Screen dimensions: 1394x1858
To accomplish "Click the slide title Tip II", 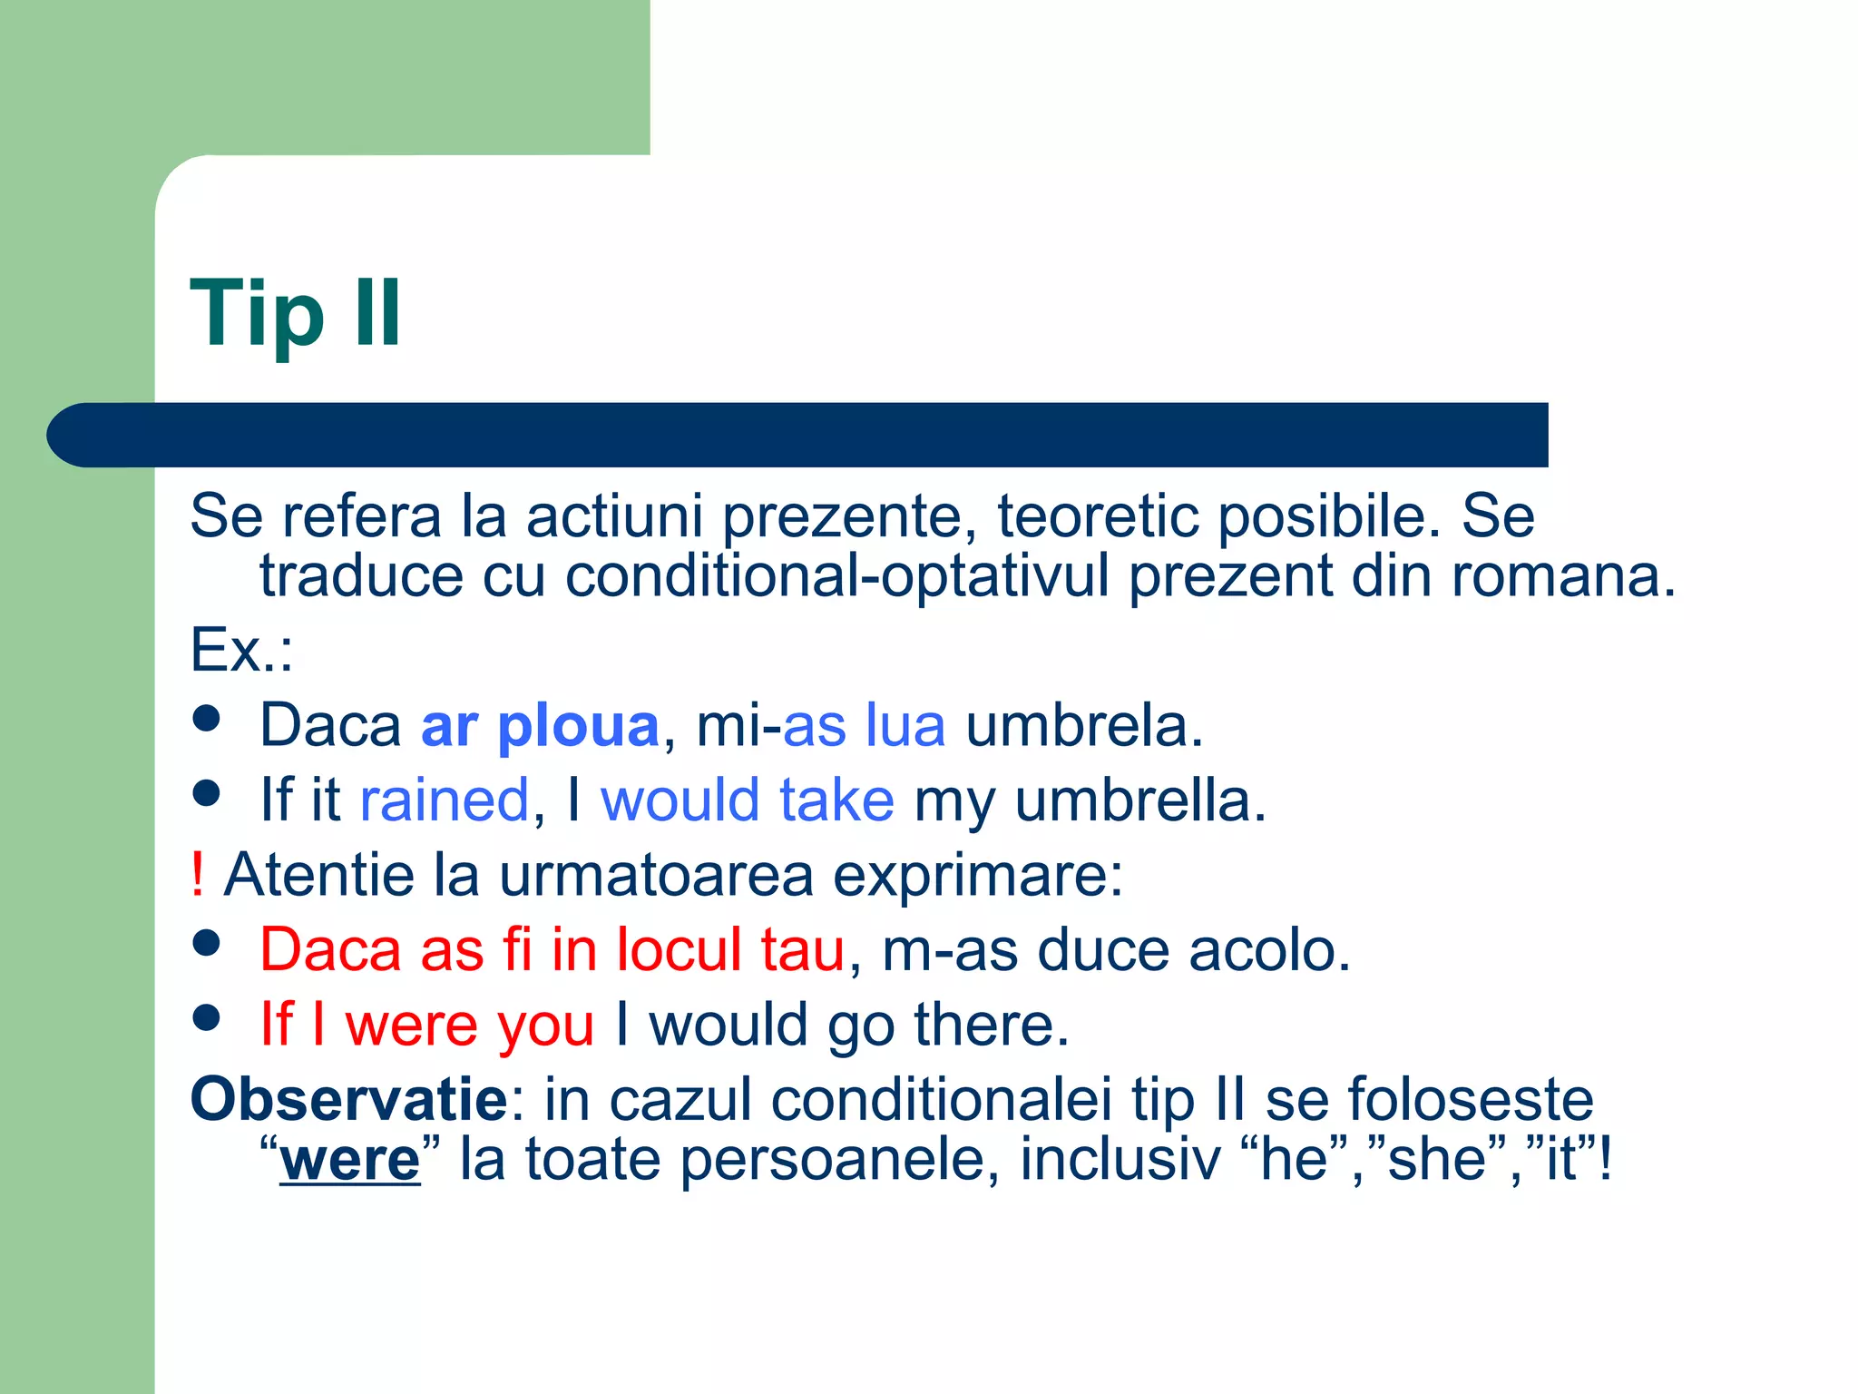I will click(296, 313).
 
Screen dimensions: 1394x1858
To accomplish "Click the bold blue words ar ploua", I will click(540, 726).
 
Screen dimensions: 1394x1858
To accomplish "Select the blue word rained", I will click(444, 800).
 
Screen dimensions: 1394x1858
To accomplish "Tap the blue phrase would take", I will click(748, 800).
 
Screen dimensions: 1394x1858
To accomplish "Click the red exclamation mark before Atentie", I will click(197, 875).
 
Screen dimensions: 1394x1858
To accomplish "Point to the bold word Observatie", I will click(348, 1099).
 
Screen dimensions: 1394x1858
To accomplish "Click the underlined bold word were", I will click(350, 1160).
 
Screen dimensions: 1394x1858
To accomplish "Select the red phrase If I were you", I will click(426, 1025).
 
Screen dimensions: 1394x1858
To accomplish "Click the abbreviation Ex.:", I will click(241, 651).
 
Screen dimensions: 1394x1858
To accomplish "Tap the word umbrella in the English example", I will click(1139, 800).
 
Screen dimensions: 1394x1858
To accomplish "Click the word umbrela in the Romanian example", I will click(1083, 726).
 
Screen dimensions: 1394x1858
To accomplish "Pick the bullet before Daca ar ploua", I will click(207, 719).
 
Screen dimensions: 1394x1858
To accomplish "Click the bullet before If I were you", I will click(207, 1017).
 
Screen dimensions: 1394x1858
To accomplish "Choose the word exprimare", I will click(977, 875).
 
